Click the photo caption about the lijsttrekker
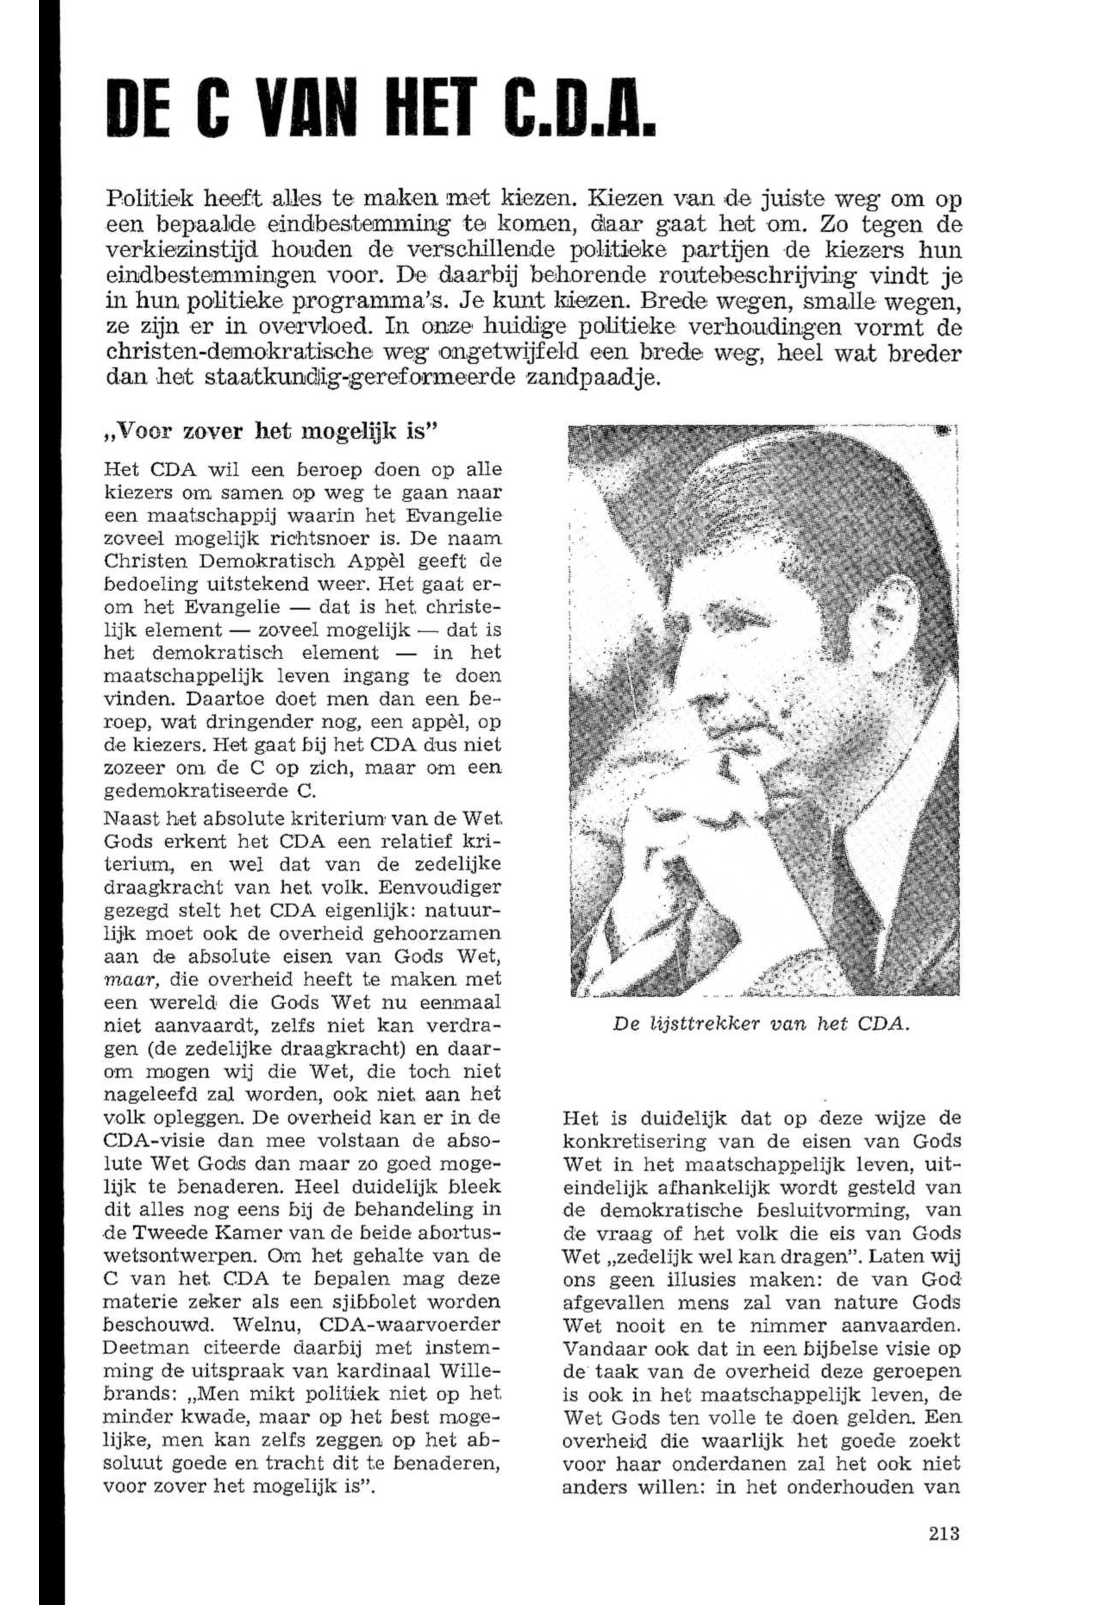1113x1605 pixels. pyautogui.click(x=761, y=1025)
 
